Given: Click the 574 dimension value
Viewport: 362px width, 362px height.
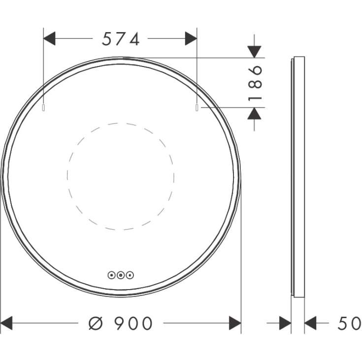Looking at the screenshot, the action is click(121, 39).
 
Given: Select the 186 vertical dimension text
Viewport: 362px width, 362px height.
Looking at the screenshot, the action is click(255, 83).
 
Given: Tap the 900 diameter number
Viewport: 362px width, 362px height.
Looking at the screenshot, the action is click(133, 323).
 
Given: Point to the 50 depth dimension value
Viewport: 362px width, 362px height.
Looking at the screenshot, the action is click(349, 323).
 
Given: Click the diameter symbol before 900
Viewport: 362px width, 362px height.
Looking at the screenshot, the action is click(96, 323).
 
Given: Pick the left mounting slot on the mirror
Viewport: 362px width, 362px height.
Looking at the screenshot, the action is click(43, 107).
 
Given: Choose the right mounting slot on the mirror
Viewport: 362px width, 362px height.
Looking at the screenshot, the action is click(197, 107).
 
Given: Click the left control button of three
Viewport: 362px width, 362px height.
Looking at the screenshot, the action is click(112, 275).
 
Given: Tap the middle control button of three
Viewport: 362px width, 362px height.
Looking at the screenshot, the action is click(121, 275).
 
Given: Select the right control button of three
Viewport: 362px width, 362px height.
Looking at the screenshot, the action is click(130, 275).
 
